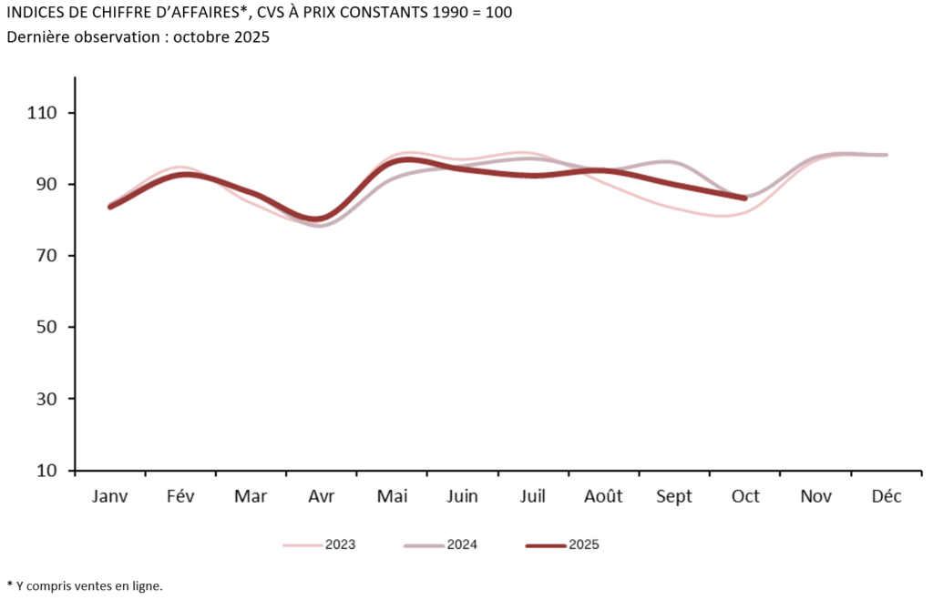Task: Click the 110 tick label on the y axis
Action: pyautogui.click(x=43, y=113)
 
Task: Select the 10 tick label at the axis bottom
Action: pyautogui.click(x=46, y=471)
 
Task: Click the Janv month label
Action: pyautogui.click(x=110, y=496)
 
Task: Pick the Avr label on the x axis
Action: pyautogui.click(x=320, y=496)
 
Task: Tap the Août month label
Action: pyautogui.click(x=603, y=496)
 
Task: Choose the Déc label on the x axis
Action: pyautogui.click(x=887, y=496)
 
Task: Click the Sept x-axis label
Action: pyautogui.click(x=673, y=496)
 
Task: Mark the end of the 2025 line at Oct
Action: pyautogui.click(x=745, y=198)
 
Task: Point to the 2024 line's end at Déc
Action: pyautogui.click(x=887, y=155)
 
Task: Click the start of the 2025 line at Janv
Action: pyautogui.click(x=110, y=207)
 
